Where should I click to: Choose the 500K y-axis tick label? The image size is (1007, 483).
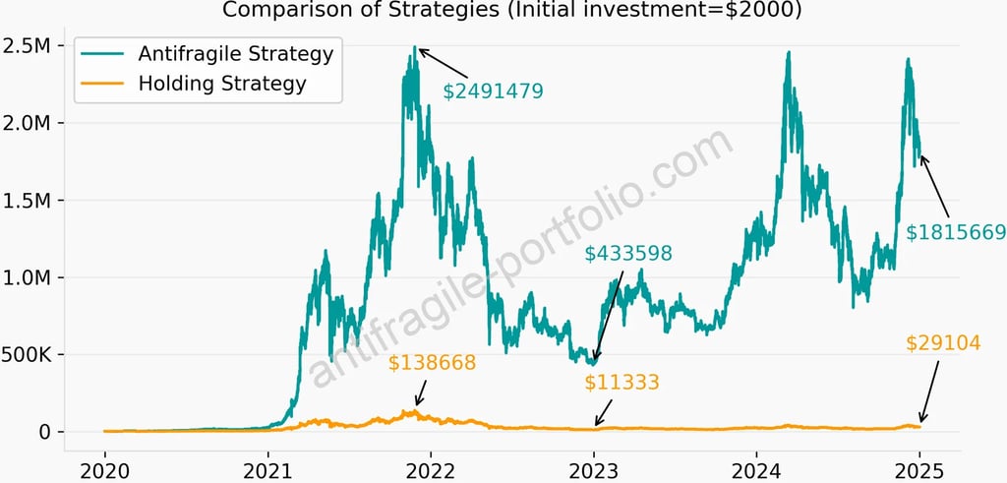(30, 354)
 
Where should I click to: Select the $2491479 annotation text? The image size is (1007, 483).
(493, 91)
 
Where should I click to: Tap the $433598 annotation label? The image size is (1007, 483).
(628, 254)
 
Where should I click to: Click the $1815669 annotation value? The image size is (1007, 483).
(956, 233)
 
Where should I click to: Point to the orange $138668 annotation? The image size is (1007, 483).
(432, 364)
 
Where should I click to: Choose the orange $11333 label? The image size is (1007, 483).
(622, 383)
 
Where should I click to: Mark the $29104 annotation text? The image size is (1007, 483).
(943, 343)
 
